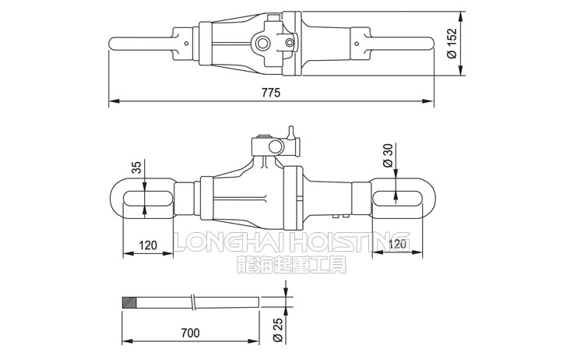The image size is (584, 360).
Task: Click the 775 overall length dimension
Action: (271, 92)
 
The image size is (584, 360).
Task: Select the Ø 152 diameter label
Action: (452, 43)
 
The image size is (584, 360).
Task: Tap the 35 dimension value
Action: (137, 168)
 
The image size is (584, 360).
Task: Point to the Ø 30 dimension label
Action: (388, 156)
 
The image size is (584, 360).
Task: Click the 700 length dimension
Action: (190, 333)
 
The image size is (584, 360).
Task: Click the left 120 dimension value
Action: (148, 245)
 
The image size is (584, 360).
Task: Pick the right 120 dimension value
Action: (397, 245)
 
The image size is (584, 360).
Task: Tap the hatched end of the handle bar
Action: (129, 302)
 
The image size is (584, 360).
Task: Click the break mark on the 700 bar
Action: (193, 302)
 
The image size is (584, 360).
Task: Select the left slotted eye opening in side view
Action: (147, 197)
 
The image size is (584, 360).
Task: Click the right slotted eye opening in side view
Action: (398, 197)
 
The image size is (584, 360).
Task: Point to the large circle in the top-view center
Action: (262, 43)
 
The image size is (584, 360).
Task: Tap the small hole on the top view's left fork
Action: (187, 43)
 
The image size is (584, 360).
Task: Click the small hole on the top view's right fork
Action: (357, 44)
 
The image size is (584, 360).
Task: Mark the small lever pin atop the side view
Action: (291, 132)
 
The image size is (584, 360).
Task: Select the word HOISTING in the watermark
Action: (351, 242)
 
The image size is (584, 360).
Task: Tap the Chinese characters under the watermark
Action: (292, 265)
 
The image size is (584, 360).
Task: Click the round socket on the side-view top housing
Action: (276, 146)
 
